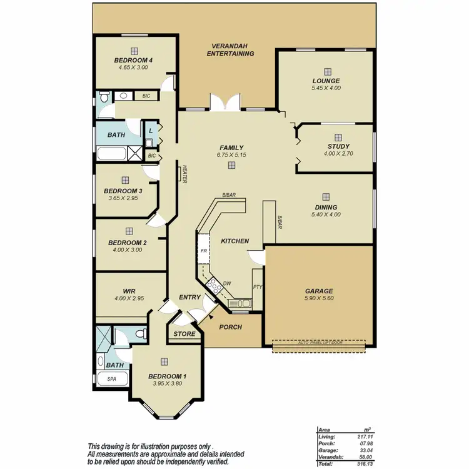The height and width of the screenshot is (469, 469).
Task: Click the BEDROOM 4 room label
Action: click(134, 60)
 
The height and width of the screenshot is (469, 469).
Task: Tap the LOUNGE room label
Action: click(326, 81)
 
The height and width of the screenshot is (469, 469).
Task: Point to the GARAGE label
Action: click(318, 291)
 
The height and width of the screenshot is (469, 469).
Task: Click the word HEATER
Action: click(186, 174)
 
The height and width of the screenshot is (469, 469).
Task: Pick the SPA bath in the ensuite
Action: click(113, 379)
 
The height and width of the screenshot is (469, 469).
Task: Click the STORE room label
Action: click(184, 334)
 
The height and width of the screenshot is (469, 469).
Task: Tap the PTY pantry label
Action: click(257, 287)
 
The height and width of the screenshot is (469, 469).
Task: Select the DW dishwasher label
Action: click(228, 284)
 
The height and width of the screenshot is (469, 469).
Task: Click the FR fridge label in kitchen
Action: click(203, 251)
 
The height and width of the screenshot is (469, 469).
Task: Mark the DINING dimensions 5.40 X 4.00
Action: click(326, 215)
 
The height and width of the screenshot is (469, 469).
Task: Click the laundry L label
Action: click(150, 131)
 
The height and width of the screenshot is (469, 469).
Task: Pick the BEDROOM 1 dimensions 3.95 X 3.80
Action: click(167, 384)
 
